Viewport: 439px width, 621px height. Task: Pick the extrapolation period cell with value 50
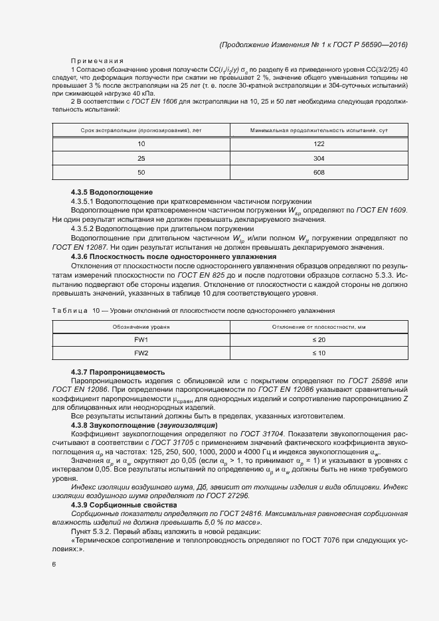(141, 173)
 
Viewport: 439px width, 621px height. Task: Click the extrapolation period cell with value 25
(141, 159)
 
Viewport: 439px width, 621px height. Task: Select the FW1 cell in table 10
(141, 339)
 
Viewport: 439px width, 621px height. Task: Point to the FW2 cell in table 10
(141, 353)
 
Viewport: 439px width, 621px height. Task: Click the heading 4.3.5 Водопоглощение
(112, 193)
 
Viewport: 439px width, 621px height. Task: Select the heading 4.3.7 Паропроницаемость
(118, 372)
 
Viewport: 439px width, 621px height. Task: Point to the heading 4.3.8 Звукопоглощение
(143, 424)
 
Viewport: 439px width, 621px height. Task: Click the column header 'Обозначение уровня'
(141, 327)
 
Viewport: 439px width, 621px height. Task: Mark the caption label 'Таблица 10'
(74, 310)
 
